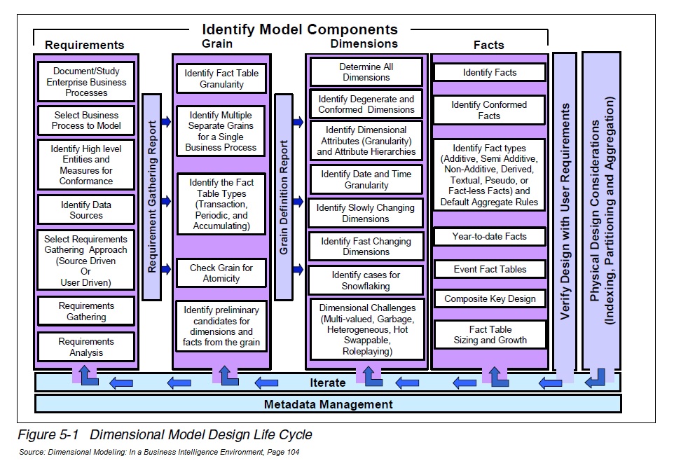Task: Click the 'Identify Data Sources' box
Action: tap(86, 210)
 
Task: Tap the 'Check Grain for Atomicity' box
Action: tap(221, 273)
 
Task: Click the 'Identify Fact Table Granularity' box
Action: tap(221, 78)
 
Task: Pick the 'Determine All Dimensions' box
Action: tap(366, 72)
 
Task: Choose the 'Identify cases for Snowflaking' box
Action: tap(366, 280)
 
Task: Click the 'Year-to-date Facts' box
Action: tap(489, 237)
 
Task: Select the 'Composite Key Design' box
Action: tap(489, 299)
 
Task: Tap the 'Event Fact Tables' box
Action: tap(489, 269)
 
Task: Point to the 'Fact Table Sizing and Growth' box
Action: tap(489, 335)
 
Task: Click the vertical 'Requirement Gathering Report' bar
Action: tap(151, 196)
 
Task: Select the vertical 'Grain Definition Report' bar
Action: tap(283, 196)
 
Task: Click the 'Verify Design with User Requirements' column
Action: tap(565, 210)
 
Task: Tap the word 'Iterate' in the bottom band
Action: tap(328, 383)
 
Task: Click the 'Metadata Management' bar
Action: tap(328, 404)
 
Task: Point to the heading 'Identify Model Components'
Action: tap(300, 29)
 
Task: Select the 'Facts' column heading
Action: tap(488, 45)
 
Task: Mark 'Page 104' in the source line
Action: tap(282, 452)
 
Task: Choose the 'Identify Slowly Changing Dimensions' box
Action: tap(366, 213)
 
